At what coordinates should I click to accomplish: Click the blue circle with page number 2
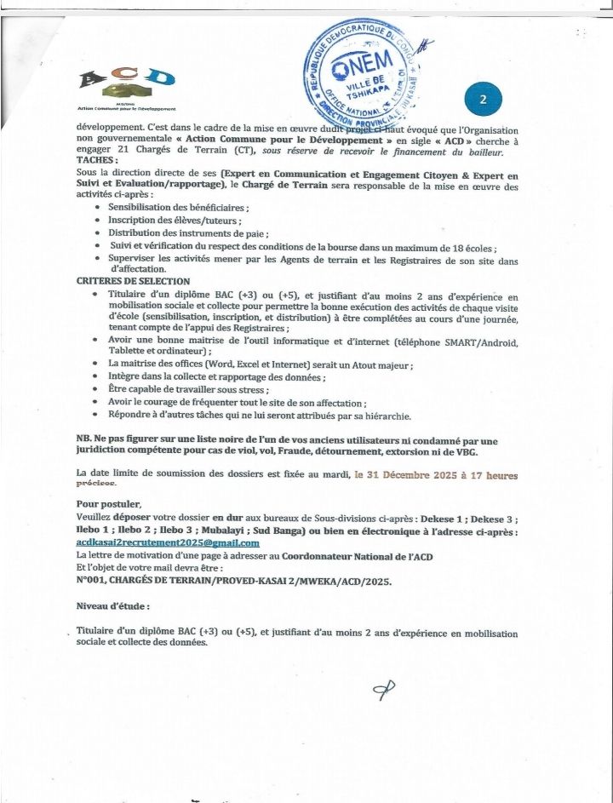tap(483, 100)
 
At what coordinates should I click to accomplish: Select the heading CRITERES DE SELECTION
tap(133, 281)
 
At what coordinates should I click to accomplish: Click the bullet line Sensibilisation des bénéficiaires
tap(178, 207)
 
